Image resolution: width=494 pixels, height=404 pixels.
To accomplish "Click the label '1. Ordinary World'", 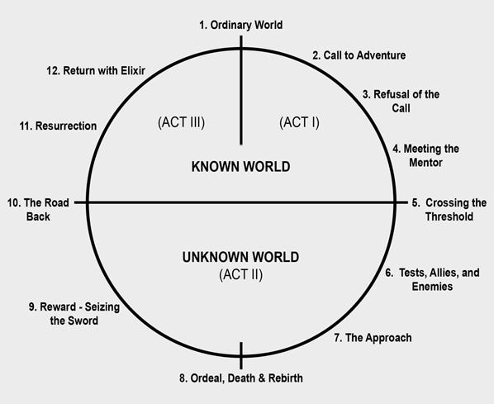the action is pos(240,25).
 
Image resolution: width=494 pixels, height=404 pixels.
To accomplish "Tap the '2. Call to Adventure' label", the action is pos(359,55).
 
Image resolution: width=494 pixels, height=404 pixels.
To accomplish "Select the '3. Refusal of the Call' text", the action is pos(401,101).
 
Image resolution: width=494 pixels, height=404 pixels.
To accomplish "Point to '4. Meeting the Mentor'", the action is pos(425,155).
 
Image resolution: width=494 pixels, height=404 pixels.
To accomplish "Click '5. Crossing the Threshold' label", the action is pos(449,210).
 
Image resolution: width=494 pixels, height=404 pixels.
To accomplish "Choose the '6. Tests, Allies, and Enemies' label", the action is pos(432,279).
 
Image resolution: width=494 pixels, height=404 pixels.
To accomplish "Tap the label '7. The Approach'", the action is pos(373,338).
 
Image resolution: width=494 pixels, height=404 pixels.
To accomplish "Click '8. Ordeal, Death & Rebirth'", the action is pos(241,378).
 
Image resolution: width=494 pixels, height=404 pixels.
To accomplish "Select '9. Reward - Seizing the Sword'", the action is pos(74,314).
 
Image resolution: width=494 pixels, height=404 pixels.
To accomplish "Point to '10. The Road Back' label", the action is pos(38,210).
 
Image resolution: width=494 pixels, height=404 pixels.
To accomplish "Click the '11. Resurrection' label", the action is pos(58,126).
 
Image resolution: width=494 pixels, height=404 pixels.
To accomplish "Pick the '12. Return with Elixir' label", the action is pos(96,70).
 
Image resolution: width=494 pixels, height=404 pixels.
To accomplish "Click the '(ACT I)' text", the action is pos(299,122).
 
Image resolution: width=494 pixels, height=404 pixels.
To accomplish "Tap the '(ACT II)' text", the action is pos(240,274).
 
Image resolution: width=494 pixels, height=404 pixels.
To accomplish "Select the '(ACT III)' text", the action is pos(181,122).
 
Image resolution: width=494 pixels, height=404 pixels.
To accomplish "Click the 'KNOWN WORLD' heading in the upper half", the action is pos(240,167).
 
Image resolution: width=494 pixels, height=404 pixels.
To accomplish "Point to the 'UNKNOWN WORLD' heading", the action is pos(240,257).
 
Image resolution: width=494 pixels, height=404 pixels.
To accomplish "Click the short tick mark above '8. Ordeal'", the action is pos(241,355).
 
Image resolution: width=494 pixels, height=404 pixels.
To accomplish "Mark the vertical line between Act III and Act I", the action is pos(241,90).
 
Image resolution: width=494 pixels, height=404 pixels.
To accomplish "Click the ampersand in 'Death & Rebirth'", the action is pos(262,378).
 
